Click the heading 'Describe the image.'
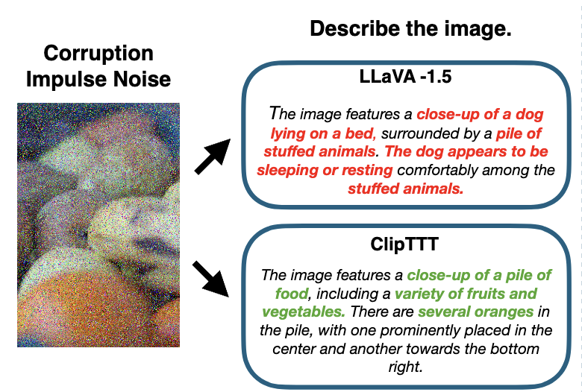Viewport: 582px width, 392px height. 410,28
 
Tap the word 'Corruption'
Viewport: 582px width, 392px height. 98,54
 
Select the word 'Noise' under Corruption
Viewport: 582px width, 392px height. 142,79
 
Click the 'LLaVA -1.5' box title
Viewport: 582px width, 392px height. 405,77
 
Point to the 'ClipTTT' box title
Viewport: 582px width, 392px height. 404,244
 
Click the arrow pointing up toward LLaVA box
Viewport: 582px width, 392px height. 213,157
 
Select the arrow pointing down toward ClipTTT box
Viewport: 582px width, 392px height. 211,279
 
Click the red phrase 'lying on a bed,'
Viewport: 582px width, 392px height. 323,133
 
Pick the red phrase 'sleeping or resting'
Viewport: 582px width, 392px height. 325,170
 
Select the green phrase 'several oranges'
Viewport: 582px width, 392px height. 476,312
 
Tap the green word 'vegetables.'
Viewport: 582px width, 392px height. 304,312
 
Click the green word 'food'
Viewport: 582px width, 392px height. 292,294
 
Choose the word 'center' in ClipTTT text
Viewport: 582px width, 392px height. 293,349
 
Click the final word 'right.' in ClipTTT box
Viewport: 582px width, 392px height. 405,367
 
